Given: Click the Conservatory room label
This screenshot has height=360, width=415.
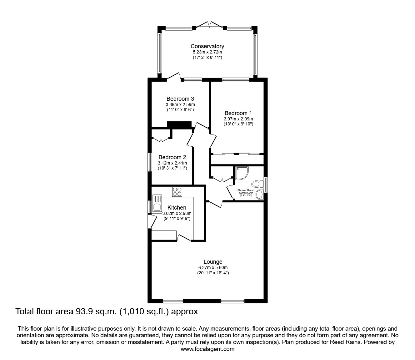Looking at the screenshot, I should click(x=207, y=46).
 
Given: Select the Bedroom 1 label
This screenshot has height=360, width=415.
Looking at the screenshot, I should click(x=238, y=113).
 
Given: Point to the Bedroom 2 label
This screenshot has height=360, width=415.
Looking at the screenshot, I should click(x=172, y=157).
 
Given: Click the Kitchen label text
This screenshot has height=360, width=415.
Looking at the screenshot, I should click(x=177, y=208).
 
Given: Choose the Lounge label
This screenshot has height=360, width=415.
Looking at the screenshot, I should click(x=213, y=262).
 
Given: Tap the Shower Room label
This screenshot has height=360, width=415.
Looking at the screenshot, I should click(x=246, y=190).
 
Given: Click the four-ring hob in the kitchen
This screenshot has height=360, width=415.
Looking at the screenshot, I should click(x=177, y=191).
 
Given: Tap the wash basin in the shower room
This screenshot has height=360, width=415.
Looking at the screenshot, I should click(x=259, y=195).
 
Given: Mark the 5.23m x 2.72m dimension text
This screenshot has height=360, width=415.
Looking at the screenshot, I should click(x=207, y=52).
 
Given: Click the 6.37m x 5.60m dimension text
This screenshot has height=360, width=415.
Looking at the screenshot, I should click(x=213, y=267).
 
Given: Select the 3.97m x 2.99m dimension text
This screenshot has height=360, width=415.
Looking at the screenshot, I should click(x=238, y=119).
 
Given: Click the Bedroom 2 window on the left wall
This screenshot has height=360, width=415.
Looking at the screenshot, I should click(x=150, y=162).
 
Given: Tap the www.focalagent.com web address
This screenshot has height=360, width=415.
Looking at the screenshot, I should click(x=207, y=349).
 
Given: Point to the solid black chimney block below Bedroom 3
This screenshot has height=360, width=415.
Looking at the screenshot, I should click(x=179, y=124).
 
